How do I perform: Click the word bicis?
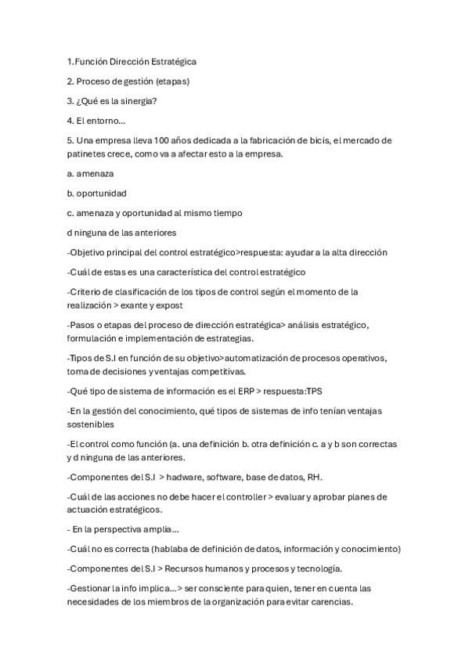(314, 140)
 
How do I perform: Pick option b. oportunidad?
(97, 193)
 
